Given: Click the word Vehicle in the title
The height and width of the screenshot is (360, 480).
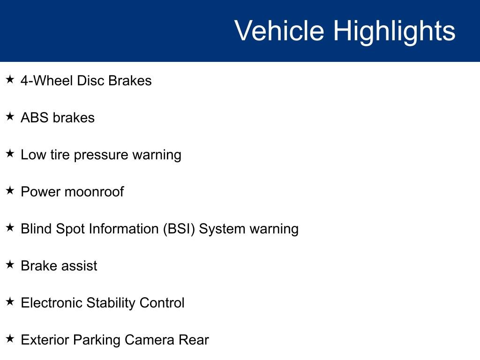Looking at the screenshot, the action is [279, 30].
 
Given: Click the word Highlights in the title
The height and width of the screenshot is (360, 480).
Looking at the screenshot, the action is [394, 32].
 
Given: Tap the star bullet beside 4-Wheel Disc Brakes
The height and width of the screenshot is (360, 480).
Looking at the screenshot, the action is [10, 79].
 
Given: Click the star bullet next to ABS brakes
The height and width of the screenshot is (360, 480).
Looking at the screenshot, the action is [10, 116].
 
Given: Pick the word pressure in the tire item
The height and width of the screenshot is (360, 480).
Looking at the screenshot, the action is [101, 156].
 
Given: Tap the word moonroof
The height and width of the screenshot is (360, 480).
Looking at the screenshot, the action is [94, 192].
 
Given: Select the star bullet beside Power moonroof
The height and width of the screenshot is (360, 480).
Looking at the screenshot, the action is [10, 190].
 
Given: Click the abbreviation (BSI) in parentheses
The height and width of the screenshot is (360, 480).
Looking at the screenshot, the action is [179, 229].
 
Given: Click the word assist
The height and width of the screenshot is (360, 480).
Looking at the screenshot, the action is [78, 266].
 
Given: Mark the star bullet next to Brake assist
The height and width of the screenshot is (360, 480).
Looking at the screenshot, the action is [10, 264].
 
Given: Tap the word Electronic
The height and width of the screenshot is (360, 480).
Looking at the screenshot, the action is [52, 303].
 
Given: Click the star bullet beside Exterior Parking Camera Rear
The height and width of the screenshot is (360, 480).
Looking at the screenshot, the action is [10, 338].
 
